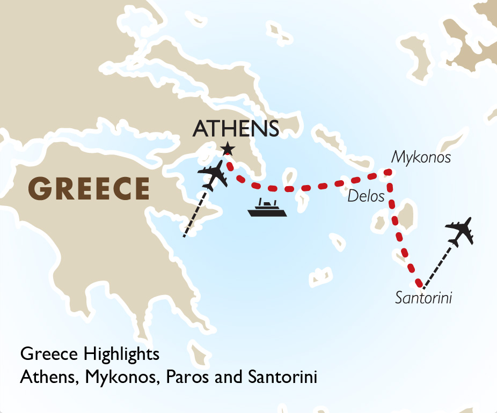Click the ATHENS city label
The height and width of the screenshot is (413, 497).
(236, 129)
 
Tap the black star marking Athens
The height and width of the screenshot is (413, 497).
(228, 148)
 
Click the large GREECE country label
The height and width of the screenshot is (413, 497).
(89, 188)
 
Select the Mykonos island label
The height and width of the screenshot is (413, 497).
(421, 157)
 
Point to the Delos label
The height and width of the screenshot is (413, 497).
(366, 196)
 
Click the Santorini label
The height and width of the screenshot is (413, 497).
(423, 298)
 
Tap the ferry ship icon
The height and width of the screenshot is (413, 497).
(267, 208)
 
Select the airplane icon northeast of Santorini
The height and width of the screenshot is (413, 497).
(461, 231)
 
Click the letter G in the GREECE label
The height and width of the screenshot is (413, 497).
(39, 188)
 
